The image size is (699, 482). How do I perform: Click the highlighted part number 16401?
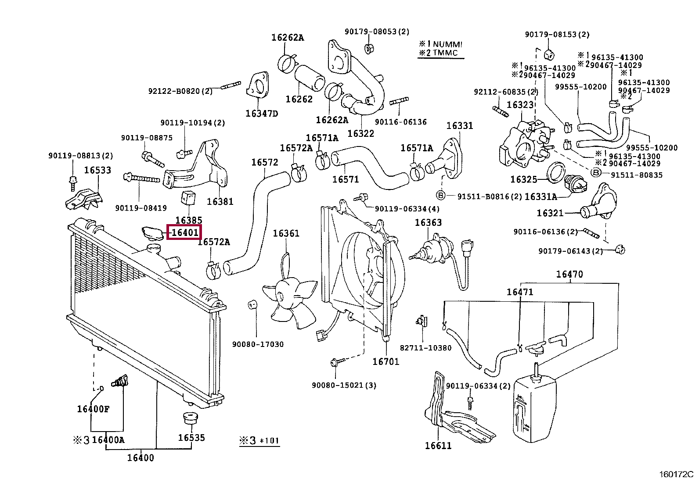pos(184,232)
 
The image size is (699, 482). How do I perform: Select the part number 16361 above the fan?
pos(286,233)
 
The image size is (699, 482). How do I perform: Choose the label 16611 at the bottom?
pos(438,446)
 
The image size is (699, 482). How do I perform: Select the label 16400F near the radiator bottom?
pos(93,409)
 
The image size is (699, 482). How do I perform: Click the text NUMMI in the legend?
pos(447,44)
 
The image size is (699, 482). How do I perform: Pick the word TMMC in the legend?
pos(445,53)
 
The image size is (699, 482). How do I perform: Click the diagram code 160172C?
pos(676,475)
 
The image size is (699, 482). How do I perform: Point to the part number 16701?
pos(386,361)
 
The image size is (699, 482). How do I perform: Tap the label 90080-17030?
pos(258,344)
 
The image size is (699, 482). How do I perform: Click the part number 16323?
pos(520,105)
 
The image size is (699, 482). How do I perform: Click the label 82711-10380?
pos(425,348)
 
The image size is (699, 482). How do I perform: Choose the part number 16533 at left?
pos(97,170)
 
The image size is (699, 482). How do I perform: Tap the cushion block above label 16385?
pos(189,198)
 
